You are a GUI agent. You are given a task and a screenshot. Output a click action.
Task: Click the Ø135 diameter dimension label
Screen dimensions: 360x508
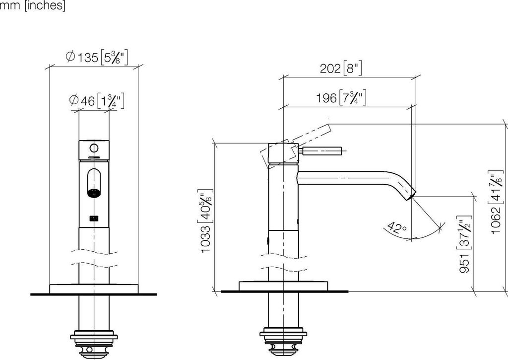(97, 58)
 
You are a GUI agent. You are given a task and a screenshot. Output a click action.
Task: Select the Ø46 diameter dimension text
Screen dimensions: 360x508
(96, 101)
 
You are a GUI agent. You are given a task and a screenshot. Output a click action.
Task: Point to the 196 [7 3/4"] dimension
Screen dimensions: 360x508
(341, 98)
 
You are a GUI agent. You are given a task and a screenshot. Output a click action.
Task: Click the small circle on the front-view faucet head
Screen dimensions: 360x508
(93, 148)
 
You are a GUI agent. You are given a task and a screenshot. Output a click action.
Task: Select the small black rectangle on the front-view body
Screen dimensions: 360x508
(93, 217)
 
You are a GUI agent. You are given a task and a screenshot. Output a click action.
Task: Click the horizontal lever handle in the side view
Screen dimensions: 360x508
(321, 151)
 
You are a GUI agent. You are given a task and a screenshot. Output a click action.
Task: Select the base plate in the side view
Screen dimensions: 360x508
(283, 286)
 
